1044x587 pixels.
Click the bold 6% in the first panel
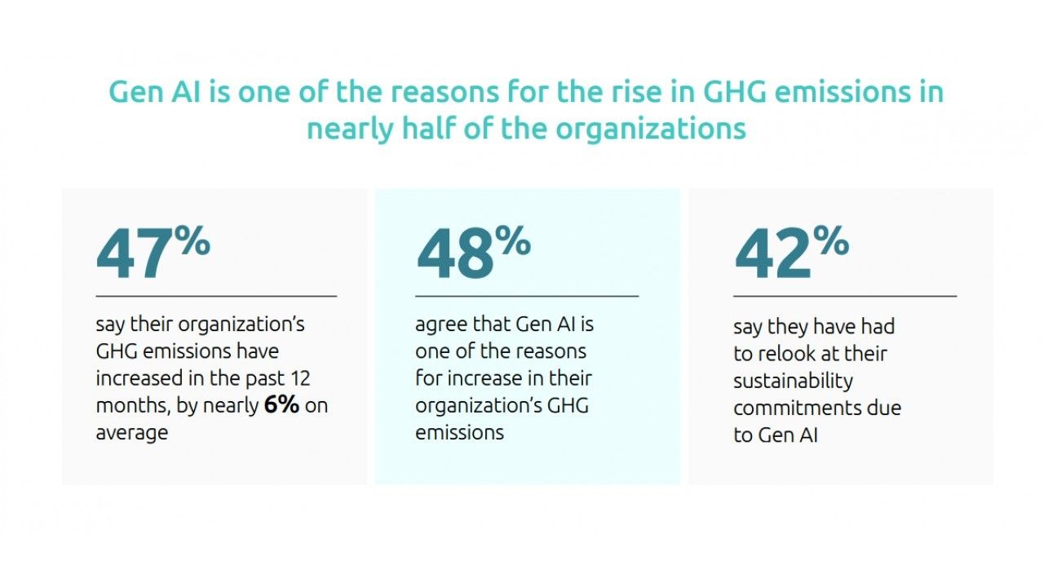click(x=281, y=405)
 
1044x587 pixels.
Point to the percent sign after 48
click(x=514, y=241)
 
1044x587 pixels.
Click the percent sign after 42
click(x=831, y=241)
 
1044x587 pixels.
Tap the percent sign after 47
click(x=192, y=241)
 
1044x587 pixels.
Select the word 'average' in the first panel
click(x=131, y=432)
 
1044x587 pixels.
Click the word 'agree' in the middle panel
click(x=440, y=324)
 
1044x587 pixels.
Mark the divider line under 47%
click(x=216, y=296)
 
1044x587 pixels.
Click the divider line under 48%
click(x=526, y=296)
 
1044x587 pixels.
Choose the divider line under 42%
click(x=844, y=296)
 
